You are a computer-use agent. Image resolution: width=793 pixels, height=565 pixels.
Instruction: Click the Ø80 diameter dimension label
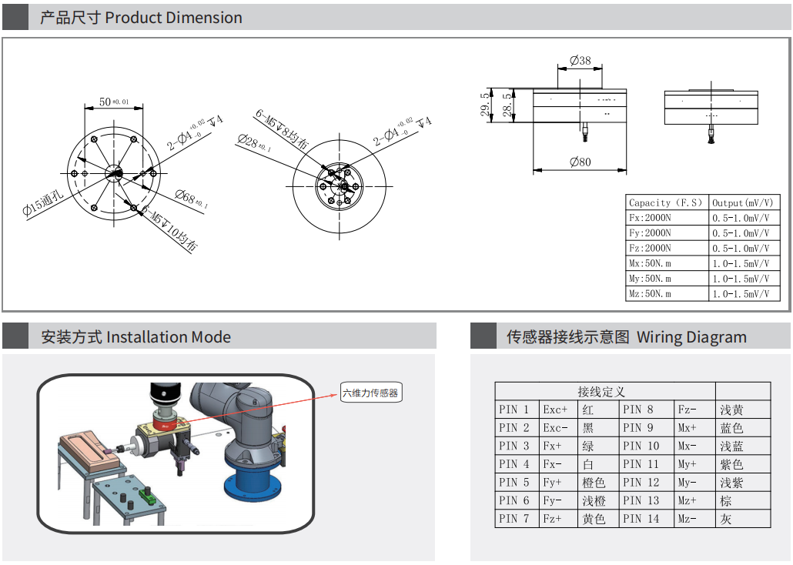click(581, 162)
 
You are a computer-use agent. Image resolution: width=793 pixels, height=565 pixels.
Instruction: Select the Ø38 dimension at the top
click(581, 60)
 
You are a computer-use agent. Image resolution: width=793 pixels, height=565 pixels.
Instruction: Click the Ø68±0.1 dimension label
click(192, 200)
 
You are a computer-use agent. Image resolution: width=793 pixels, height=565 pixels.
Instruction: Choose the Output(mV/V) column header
click(744, 202)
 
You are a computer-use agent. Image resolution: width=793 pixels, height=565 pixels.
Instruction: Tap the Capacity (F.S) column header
click(667, 202)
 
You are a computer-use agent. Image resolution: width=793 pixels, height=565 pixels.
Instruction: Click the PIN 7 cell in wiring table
click(515, 519)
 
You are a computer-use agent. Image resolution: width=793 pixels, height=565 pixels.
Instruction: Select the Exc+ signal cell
click(556, 410)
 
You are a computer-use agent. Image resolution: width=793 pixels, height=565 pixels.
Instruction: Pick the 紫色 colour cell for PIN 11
click(731, 464)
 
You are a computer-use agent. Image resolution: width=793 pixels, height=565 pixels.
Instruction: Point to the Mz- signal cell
click(688, 519)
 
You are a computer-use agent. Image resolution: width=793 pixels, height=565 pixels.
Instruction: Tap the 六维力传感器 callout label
click(371, 393)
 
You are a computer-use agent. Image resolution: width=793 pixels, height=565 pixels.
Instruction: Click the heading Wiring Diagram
click(691, 337)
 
